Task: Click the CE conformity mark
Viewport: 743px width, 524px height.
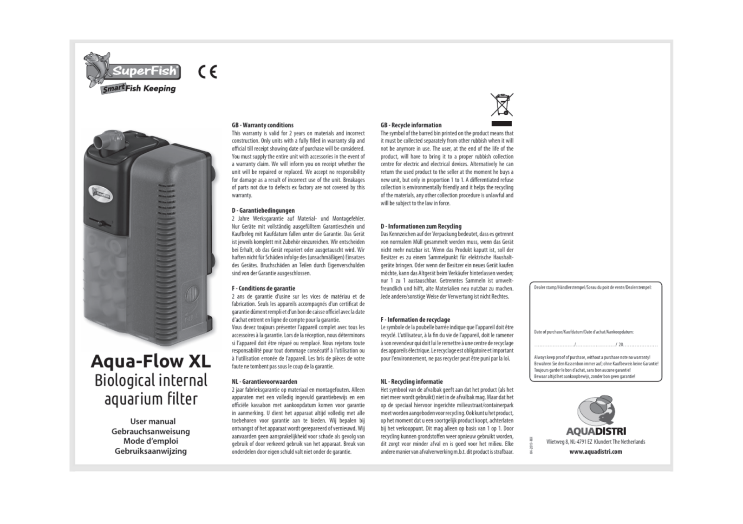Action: coord(208,72)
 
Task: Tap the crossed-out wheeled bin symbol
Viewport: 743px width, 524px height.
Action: coord(502,105)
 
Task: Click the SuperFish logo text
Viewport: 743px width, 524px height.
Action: coord(144,71)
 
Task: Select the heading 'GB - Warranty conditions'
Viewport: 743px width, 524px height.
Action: coord(262,125)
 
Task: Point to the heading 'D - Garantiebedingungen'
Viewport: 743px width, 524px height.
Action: coord(263,210)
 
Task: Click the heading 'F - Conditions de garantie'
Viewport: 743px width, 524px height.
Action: coord(263,288)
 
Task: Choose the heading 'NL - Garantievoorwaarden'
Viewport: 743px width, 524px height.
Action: coord(264,382)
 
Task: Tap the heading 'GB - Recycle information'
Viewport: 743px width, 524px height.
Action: coord(411,125)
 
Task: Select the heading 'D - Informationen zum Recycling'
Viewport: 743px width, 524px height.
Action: coord(421,226)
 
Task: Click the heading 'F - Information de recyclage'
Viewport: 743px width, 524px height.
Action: coord(415,320)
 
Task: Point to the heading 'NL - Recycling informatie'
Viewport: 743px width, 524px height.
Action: coord(411,382)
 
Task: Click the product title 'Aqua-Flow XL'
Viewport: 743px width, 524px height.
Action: coord(150,361)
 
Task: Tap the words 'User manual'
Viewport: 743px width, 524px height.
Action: coord(153,421)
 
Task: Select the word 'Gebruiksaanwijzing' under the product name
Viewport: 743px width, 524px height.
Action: coord(150,451)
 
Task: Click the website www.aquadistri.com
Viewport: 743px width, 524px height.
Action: coord(595,452)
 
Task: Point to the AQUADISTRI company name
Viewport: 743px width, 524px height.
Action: coord(596,431)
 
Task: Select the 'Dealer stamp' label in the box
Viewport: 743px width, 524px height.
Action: coord(593,288)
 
